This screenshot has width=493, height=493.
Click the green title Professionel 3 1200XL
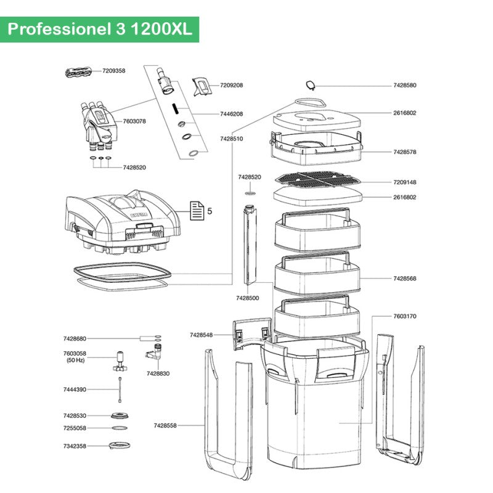click(99, 30)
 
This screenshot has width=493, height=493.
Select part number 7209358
click(113, 71)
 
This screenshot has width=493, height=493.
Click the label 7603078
click(134, 121)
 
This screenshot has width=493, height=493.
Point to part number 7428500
click(247, 298)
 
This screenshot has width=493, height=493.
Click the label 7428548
click(201, 335)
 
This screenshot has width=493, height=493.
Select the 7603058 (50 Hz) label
click(75, 356)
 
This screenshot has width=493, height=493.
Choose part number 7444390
click(75, 389)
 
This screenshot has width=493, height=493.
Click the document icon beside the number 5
click(196, 211)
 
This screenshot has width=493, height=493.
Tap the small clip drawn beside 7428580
click(311, 86)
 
